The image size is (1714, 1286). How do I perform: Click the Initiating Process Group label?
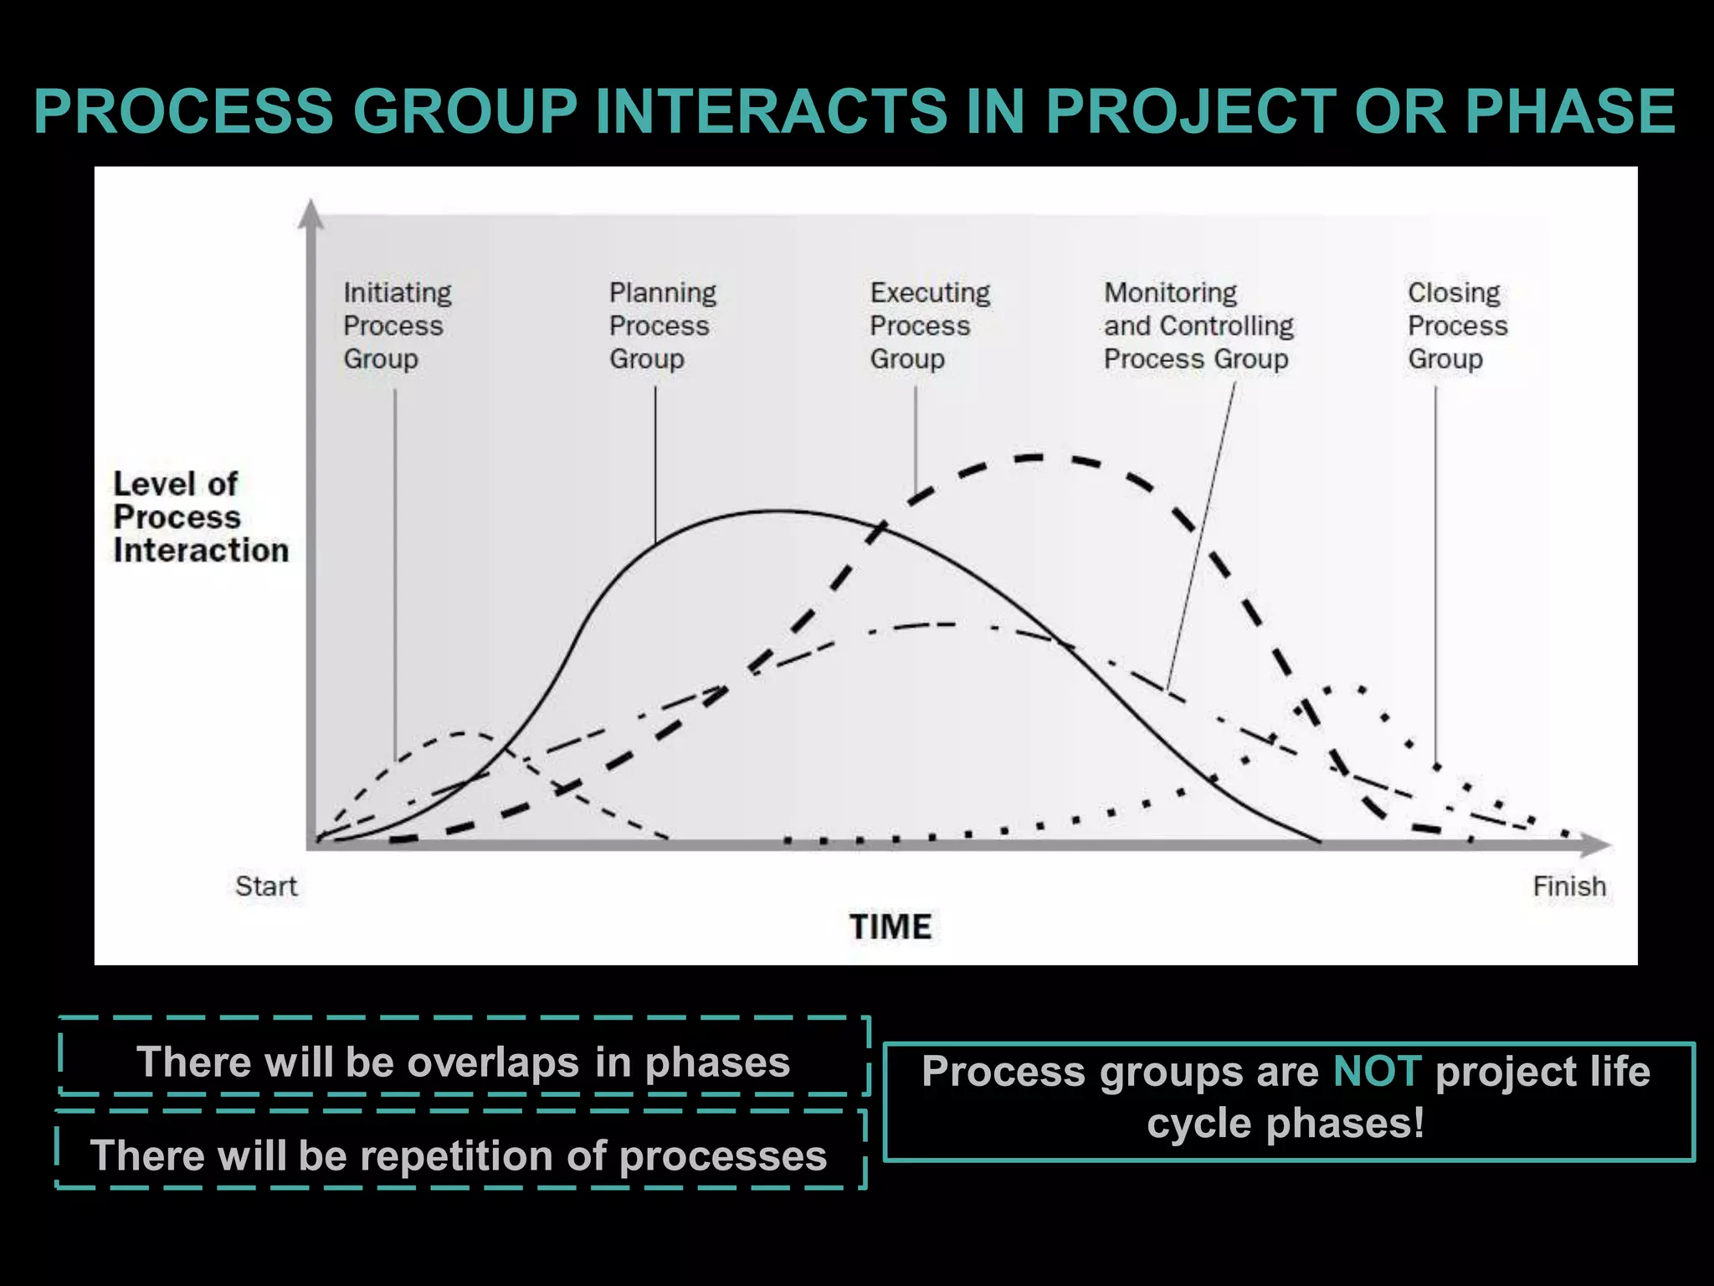397,326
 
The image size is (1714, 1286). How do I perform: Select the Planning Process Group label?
662,326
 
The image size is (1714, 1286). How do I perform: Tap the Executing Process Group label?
929,326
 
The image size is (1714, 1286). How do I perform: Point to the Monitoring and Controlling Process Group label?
1198,326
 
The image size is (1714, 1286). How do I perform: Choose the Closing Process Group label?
1457,326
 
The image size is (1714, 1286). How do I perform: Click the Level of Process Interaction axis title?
200,517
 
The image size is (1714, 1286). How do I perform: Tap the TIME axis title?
890,927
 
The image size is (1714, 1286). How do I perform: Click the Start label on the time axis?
266,886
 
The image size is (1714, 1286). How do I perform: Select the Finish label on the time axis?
1569,886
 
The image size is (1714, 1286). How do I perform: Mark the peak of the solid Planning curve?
778,511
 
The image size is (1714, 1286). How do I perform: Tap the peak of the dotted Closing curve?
1346,688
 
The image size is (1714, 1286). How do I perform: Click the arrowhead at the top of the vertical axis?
310,213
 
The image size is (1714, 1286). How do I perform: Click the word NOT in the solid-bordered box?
1377,1072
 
